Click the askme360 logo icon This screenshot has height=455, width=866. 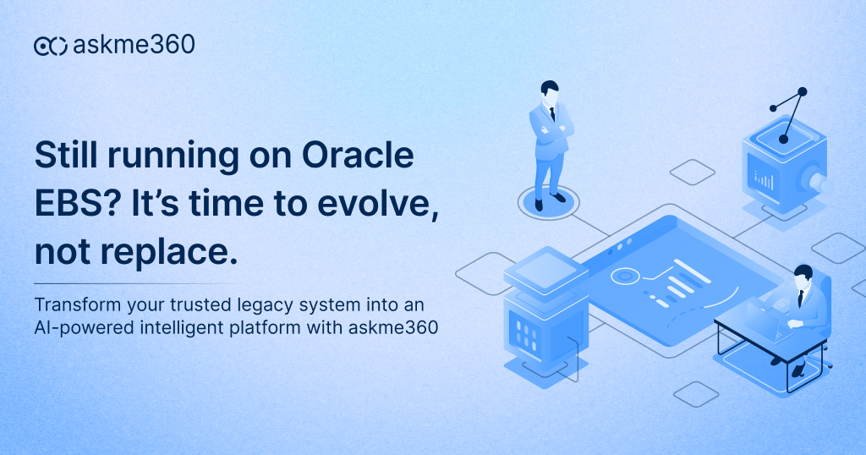(50, 46)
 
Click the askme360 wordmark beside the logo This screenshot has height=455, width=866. (134, 45)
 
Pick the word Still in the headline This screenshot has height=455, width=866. (66, 157)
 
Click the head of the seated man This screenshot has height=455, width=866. (803, 277)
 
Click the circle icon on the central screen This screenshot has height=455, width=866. (625, 275)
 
